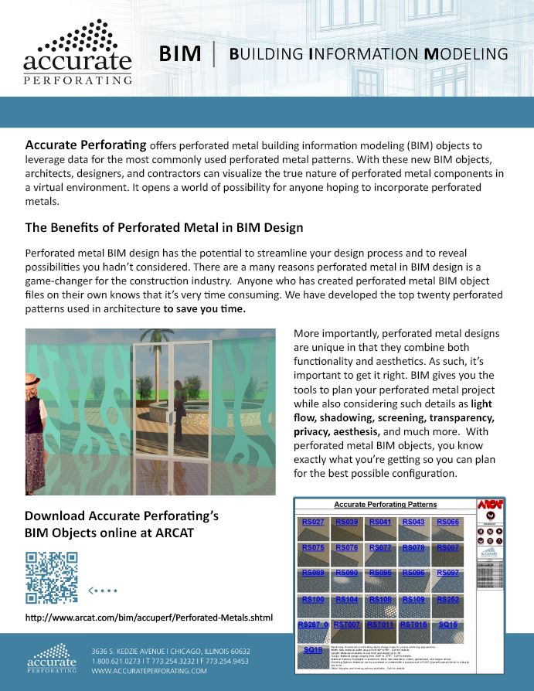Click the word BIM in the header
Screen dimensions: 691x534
pos(180,54)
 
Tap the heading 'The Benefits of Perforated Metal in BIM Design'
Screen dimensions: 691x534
pos(164,228)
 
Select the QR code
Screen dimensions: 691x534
pos(52,577)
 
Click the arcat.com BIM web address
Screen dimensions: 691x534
pos(149,618)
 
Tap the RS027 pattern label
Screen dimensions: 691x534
pos(313,523)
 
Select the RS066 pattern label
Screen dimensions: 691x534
pos(448,523)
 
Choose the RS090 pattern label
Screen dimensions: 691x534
pos(347,573)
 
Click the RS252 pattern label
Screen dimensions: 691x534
pos(448,599)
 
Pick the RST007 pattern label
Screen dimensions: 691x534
pos(347,624)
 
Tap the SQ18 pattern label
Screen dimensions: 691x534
pos(313,650)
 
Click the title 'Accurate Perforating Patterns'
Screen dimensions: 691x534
pos(382,504)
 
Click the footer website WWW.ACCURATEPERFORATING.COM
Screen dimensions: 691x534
pos(149,672)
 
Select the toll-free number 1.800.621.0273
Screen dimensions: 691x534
pos(114,662)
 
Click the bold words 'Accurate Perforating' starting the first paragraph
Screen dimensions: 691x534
pos(86,145)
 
